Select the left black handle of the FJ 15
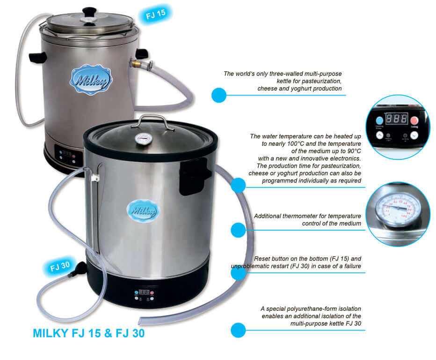[x=37, y=58]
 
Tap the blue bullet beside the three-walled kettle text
[x=218, y=95]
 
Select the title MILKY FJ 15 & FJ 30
[x=89, y=334]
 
